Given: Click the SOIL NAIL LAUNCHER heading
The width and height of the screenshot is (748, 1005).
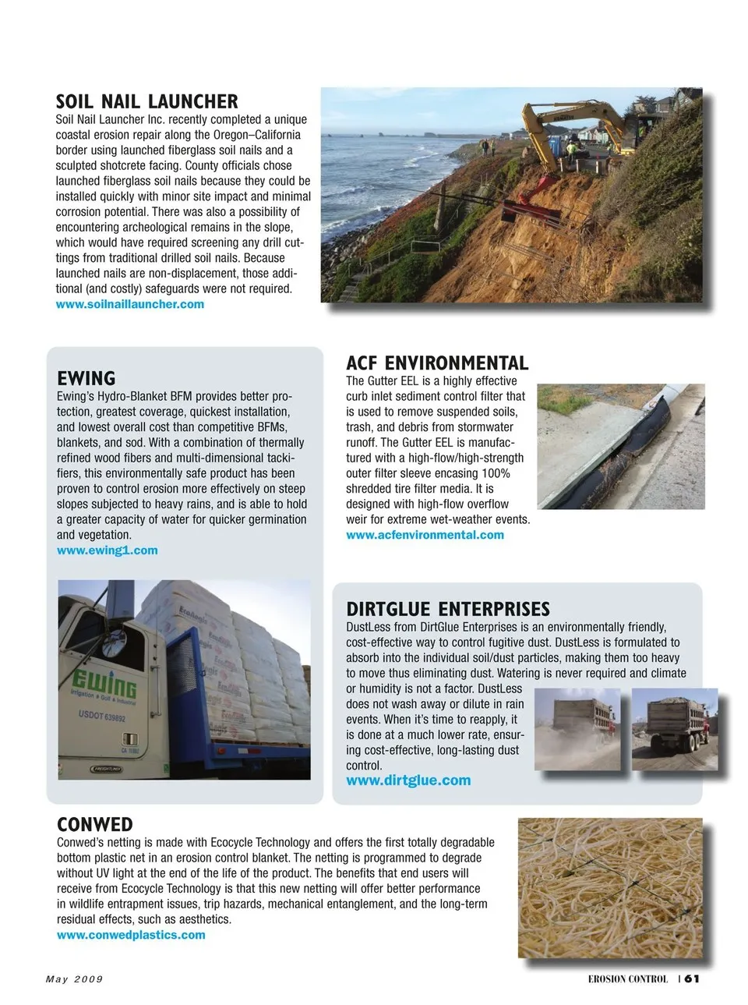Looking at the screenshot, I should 146,101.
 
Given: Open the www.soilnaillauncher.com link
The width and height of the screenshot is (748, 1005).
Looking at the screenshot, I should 129,304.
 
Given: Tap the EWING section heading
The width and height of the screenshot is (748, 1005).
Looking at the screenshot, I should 86,379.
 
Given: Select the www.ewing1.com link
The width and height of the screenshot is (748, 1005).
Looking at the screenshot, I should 107,550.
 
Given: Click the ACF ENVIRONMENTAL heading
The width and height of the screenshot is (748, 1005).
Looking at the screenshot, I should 436,363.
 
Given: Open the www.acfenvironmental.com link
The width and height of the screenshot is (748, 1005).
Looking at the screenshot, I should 425,535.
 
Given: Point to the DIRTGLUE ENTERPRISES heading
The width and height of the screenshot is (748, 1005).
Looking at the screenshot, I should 447,609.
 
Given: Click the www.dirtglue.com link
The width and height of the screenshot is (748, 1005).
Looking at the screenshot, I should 408,780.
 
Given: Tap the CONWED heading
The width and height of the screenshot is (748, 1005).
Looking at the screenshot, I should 94,824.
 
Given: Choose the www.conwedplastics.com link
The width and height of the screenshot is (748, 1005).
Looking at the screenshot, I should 131,935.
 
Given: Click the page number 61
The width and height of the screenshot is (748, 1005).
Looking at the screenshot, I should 692,978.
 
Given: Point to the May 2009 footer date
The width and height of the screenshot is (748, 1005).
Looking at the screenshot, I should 74,979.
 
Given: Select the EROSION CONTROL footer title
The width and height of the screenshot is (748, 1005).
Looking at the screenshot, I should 627,979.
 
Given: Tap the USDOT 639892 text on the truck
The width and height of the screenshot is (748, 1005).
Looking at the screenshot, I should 101,716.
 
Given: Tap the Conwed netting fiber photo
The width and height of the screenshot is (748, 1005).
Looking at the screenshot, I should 609,887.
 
